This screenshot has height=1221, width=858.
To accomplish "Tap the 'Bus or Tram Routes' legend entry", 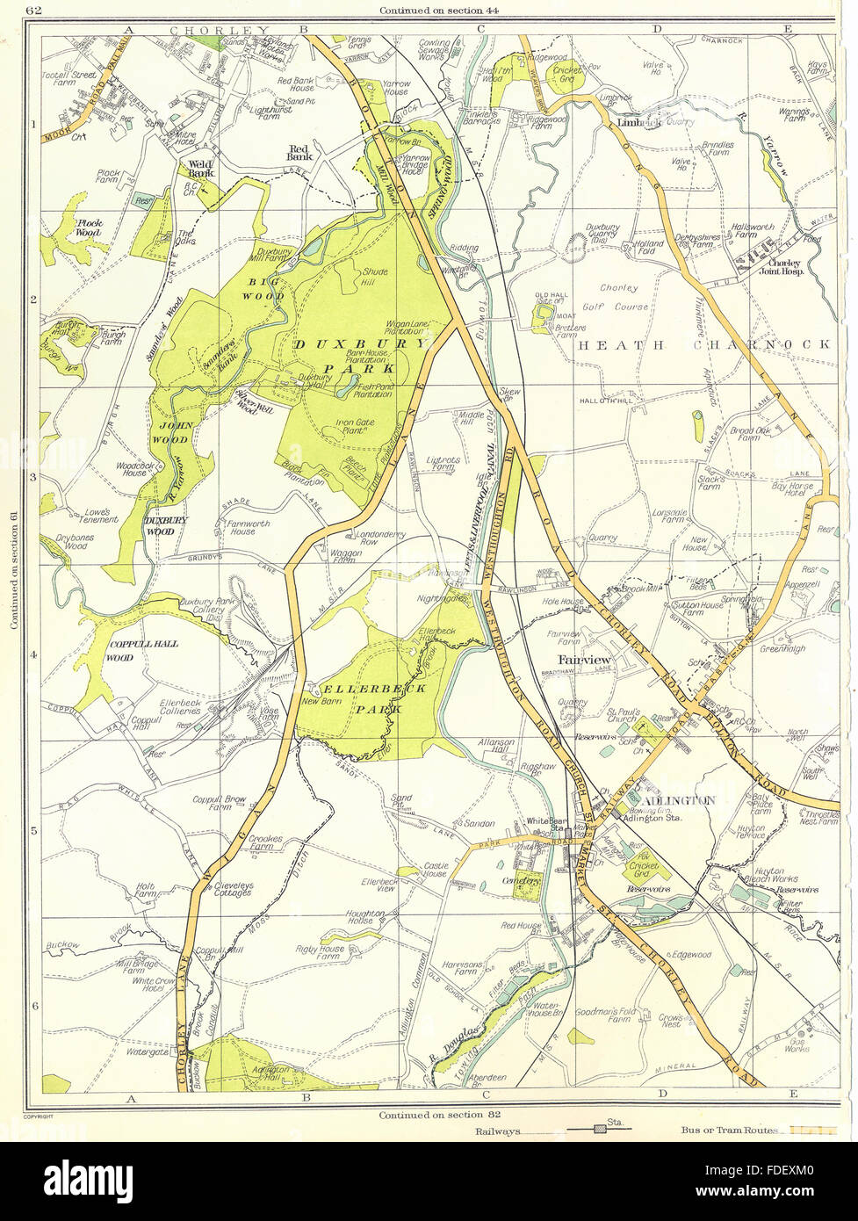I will (x=728, y=1130).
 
